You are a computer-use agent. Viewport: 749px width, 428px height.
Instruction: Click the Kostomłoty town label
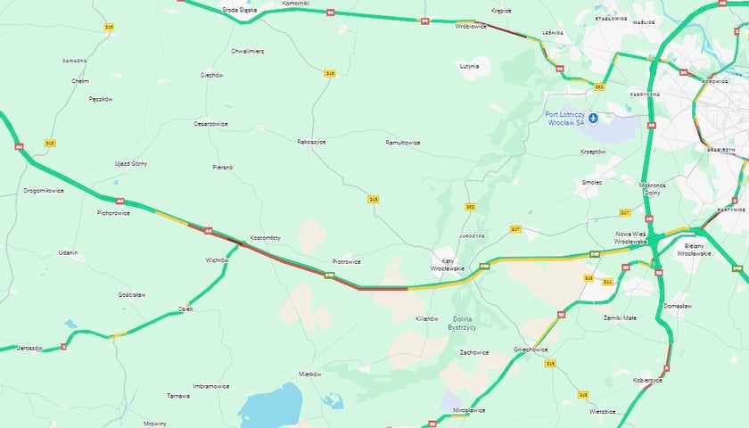pos(265,237)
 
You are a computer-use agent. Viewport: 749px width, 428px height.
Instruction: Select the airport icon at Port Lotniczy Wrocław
pos(593,117)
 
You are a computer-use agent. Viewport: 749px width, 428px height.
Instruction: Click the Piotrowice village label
pos(346,261)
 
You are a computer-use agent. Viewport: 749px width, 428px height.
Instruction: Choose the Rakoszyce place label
pos(311,141)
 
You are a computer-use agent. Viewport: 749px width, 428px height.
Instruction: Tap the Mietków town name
pos(309,374)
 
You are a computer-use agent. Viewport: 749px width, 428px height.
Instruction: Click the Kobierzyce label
pos(648,380)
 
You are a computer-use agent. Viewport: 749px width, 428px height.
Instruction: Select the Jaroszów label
pos(31,348)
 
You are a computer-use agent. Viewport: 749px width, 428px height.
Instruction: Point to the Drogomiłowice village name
pos(44,190)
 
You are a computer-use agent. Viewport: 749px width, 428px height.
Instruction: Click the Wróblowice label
pos(469,27)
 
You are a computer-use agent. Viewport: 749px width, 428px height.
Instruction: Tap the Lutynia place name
pos(469,66)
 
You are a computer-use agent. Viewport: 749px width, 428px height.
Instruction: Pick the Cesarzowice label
pos(211,124)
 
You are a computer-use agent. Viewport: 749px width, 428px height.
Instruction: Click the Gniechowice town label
pos(530,350)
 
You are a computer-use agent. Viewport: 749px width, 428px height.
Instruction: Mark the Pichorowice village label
pos(114,213)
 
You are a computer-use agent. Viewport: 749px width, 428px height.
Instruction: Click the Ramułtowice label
pos(403,142)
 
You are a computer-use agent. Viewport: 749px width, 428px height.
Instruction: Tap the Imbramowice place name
pos(211,386)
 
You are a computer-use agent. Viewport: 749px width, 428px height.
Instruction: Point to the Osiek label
pos(185,309)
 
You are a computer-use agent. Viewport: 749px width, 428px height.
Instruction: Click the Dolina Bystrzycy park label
pos(464,324)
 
